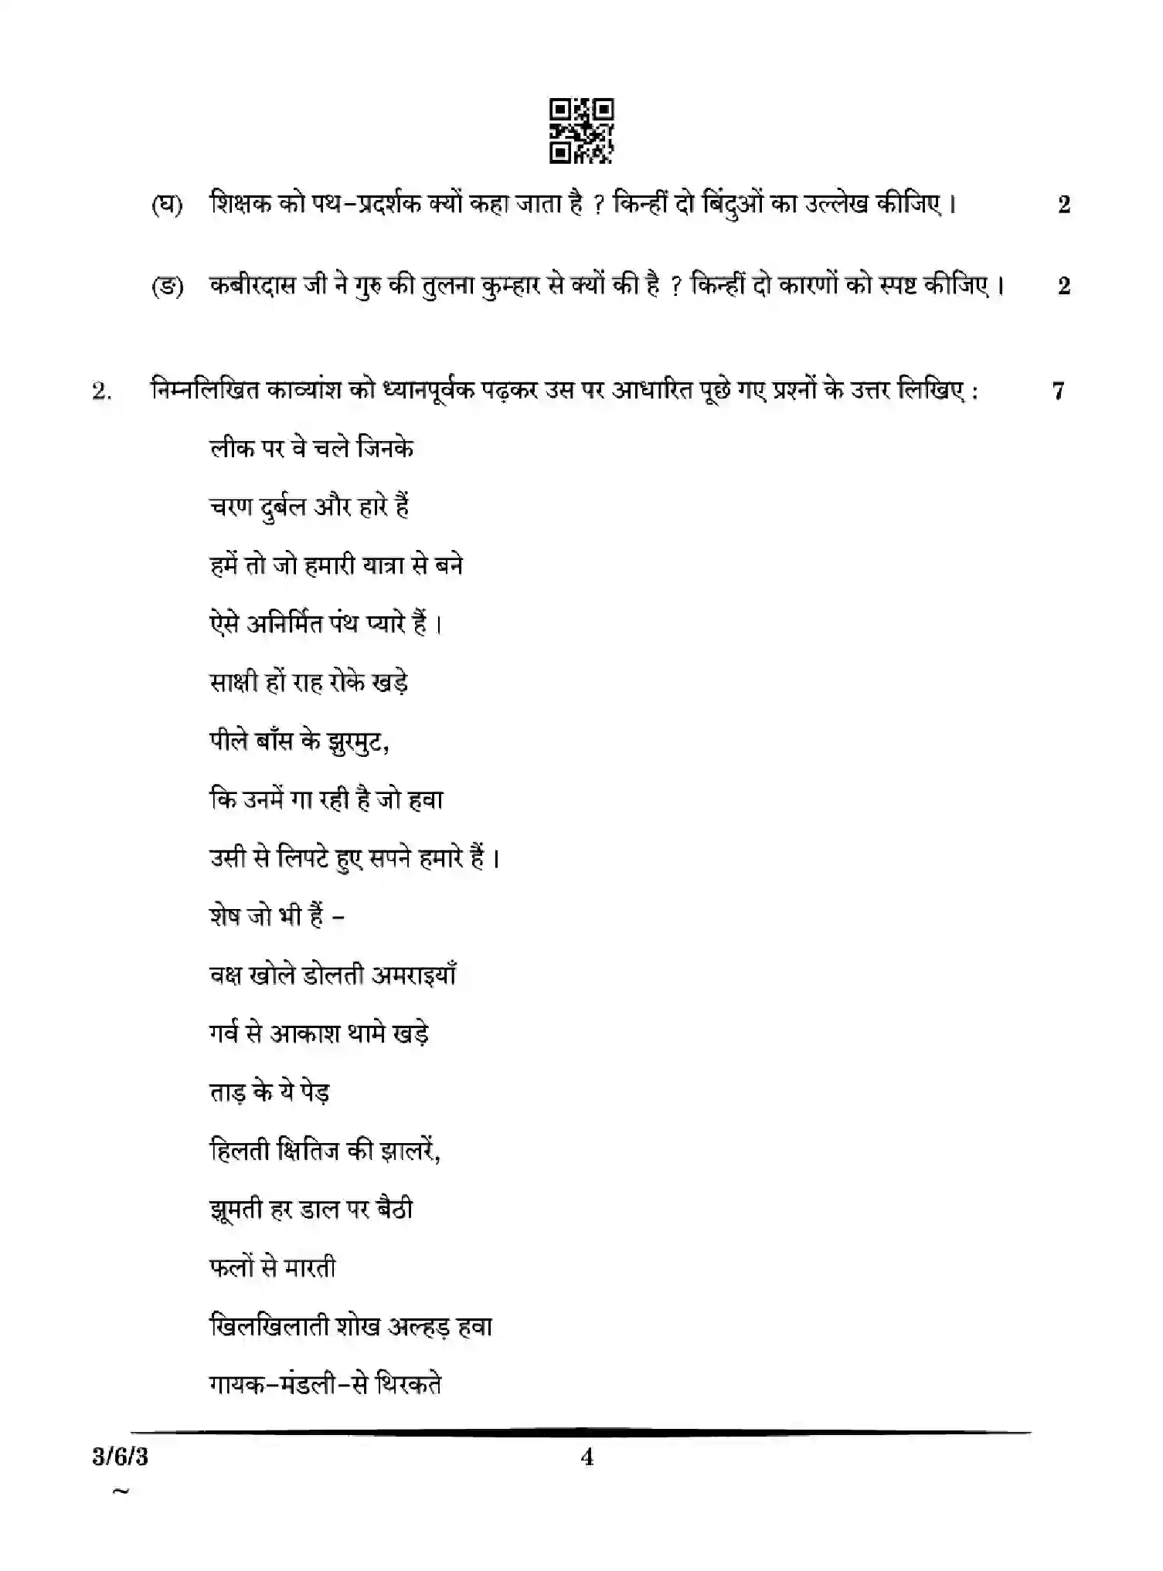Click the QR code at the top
pos(581,131)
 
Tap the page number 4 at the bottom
pos(587,1457)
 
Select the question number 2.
pos(102,392)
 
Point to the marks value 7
pos(1058,391)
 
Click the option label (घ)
pos(167,205)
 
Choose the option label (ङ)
pos(167,287)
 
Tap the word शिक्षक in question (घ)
pos(240,205)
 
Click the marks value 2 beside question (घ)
pos(1064,205)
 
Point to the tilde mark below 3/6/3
pos(121,1491)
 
